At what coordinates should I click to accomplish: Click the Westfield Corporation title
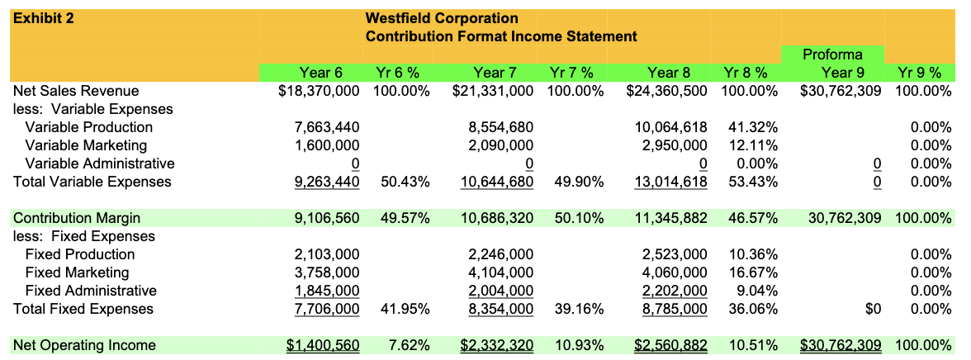[442, 18]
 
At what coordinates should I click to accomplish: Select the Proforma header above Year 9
[832, 54]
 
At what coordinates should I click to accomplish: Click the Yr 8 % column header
[750, 73]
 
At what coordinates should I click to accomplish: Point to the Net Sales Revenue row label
[76, 91]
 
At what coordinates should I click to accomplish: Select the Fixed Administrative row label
[91, 291]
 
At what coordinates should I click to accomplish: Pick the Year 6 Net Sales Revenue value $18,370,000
[320, 91]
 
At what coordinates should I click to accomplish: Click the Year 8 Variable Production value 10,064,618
[670, 127]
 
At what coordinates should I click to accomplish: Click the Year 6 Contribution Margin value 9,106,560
[327, 218]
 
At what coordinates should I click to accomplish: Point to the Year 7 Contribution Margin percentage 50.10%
[575, 218]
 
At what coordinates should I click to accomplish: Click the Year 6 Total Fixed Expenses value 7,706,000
[327, 309]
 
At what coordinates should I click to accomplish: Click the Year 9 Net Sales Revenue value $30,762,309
[841, 91]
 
